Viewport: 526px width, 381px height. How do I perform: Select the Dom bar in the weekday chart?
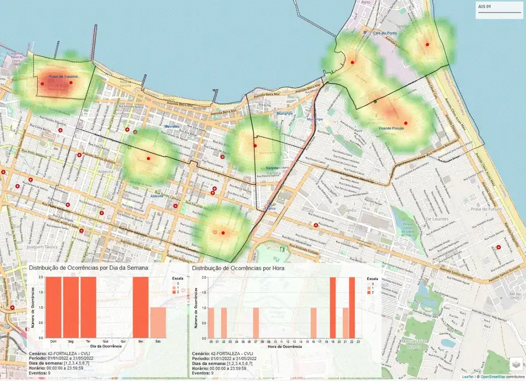tap(53, 307)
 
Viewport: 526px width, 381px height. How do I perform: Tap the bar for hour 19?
tap(333, 307)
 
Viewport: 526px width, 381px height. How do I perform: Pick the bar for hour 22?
tap(352, 307)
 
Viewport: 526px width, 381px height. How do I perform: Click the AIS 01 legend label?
tap(484, 7)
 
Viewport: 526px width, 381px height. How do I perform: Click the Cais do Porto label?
tap(384, 33)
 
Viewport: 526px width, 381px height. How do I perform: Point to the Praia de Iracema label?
tap(64, 77)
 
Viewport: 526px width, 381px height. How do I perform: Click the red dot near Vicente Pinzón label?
tap(405, 123)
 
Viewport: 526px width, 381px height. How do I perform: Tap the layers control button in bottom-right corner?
tap(516, 363)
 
